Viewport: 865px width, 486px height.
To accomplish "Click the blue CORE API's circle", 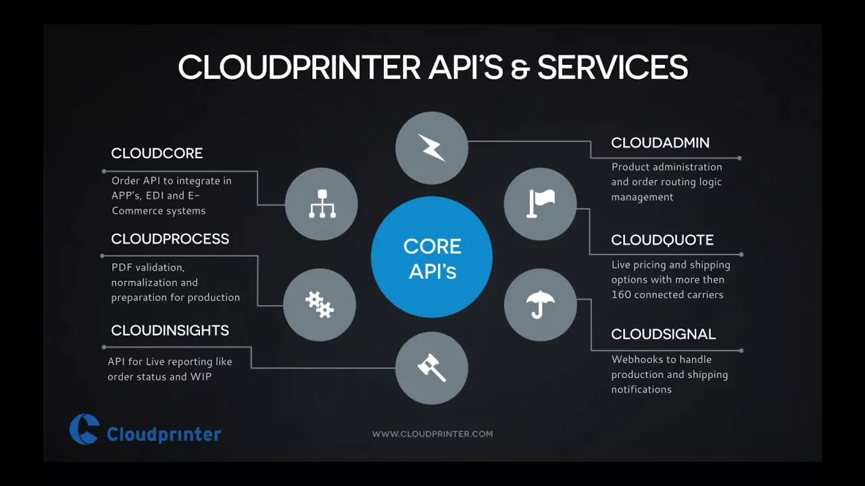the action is (x=432, y=257).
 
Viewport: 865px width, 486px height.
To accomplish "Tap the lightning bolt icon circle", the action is (x=432, y=148).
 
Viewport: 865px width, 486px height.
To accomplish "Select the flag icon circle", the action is (x=540, y=204).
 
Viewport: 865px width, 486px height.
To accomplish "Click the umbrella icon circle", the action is (x=540, y=304).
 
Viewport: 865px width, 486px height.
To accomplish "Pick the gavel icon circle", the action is (x=432, y=368).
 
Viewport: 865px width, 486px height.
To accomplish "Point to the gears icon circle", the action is (x=320, y=304).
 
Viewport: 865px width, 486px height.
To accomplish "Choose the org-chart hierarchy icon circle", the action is (x=321, y=204).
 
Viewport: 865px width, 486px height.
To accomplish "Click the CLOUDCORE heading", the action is (x=157, y=153).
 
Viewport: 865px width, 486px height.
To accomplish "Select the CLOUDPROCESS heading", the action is (x=170, y=239).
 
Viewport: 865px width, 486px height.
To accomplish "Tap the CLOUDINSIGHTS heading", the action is (x=170, y=331).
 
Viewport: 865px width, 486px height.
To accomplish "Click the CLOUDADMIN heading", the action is (x=660, y=143).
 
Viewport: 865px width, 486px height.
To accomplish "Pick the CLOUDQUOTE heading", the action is (x=662, y=240).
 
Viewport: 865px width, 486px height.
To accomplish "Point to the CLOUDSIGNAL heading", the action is (x=664, y=334).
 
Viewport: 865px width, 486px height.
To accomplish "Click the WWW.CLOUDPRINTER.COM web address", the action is (x=432, y=434).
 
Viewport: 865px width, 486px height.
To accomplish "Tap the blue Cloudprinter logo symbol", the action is (x=84, y=429).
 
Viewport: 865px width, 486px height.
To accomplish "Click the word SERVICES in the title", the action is (x=612, y=67).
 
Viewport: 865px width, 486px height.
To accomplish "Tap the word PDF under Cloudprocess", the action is (x=120, y=267).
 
